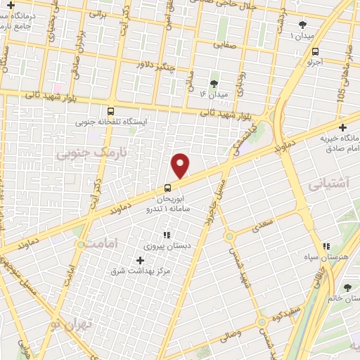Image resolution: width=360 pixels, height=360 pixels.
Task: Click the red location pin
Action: pos(181,165)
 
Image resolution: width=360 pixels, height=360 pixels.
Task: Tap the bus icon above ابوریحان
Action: pos(167,188)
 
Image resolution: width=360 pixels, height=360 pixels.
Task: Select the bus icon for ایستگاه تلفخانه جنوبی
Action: pos(110,110)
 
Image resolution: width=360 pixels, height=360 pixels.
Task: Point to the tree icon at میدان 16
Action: pos(214,83)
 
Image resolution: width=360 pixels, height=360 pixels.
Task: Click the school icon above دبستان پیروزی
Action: pos(167,235)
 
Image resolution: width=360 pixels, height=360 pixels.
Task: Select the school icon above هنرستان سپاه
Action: pos(326,246)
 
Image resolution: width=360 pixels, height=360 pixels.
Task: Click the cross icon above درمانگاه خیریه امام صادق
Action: pos(342,128)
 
